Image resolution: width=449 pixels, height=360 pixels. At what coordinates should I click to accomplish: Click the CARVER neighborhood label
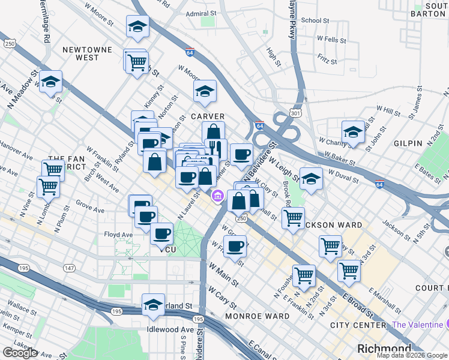[208, 116]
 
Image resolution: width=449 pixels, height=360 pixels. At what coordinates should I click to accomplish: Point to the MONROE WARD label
[249, 316]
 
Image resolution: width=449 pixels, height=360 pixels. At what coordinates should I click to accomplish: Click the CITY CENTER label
[358, 325]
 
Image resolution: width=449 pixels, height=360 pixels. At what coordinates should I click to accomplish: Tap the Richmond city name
[384, 349]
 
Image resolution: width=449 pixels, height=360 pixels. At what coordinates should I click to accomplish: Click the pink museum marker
[217, 195]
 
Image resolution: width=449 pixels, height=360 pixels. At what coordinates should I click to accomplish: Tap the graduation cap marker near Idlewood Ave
[153, 304]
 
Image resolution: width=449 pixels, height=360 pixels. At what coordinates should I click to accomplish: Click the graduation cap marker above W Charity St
[353, 131]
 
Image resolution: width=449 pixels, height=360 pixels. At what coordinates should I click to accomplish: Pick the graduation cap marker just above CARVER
[205, 91]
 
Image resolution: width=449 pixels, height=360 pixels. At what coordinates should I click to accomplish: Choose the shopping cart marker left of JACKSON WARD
[293, 218]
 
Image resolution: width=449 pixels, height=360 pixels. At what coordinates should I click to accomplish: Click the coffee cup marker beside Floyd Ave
[161, 233]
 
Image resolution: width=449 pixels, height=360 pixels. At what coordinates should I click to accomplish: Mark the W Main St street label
[223, 277]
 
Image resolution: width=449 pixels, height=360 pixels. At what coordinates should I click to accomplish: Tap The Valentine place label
[416, 325]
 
